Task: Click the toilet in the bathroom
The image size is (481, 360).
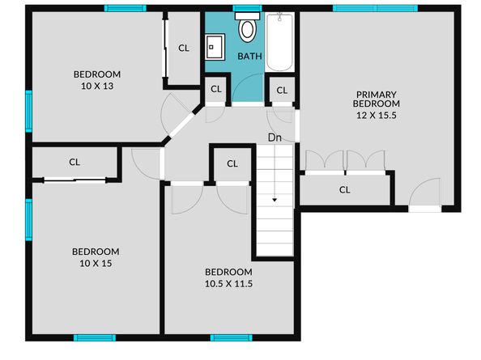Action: pos(248,30)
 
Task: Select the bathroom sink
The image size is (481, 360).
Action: pos(215,46)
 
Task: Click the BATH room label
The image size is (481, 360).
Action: pos(249,57)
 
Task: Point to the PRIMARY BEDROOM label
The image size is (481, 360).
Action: pos(377,98)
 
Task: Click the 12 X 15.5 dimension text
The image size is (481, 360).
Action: pos(377,115)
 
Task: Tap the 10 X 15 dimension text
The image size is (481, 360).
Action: pos(95,262)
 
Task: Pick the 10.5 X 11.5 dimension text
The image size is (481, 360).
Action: pos(228,283)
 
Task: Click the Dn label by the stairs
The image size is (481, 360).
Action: pos(275,138)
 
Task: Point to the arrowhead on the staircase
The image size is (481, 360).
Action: pos(275,198)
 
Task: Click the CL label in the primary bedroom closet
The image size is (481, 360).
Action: pos(344,190)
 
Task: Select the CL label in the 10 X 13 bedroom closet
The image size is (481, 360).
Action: pos(184,48)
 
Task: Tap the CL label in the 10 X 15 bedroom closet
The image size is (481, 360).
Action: pos(74,162)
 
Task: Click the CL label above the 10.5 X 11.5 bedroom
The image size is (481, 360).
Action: pos(232,164)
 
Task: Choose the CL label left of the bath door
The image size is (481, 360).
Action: pos(216,90)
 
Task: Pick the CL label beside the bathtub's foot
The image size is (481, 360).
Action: pos(282,90)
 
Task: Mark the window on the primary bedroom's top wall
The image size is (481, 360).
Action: pos(376,8)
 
